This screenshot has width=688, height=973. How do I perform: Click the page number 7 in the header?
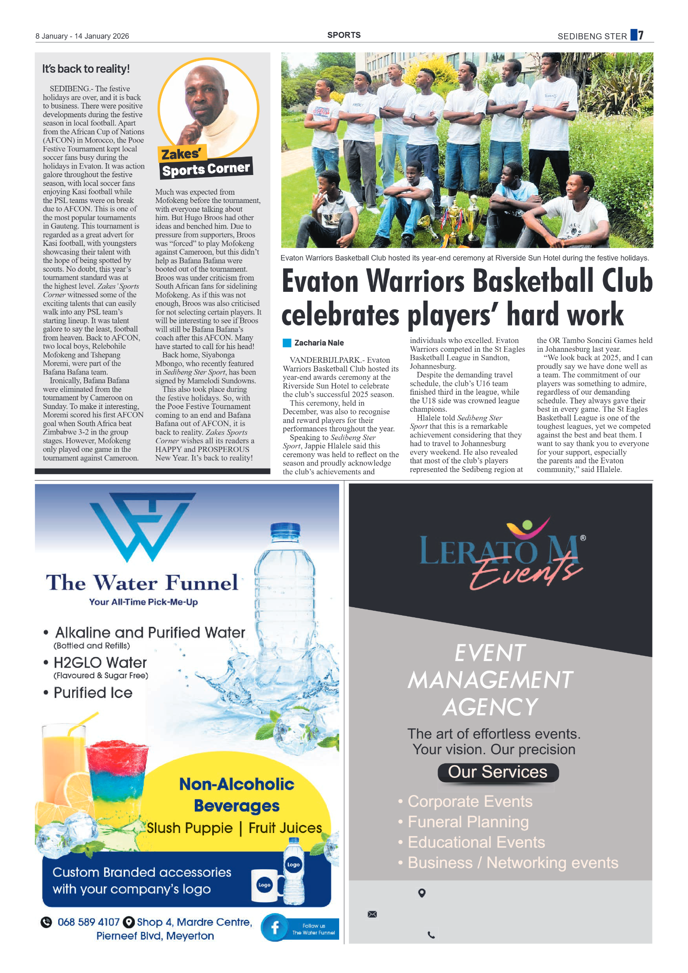point(641,35)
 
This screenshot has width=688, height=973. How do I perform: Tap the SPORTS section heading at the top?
point(344,35)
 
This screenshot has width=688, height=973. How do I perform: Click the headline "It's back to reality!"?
point(86,69)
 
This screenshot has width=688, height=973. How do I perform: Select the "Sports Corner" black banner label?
point(206,168)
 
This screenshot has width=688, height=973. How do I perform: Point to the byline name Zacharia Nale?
point(319,343)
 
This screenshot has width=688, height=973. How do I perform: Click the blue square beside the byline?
point(287,343)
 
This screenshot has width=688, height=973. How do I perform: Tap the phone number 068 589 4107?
point(88,922)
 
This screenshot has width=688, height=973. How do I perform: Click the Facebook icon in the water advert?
point(275,927)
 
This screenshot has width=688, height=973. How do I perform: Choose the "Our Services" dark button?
point(498,772)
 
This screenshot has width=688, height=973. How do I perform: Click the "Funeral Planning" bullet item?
point(468,822)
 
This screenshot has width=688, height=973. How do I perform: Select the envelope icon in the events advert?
point(372,914)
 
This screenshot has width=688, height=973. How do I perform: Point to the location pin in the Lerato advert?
point(422,893)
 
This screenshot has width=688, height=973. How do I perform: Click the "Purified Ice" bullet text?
point(93,693)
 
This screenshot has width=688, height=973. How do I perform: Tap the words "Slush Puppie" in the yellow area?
point(190,828)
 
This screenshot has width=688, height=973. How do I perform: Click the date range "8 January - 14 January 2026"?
point(82,36)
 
